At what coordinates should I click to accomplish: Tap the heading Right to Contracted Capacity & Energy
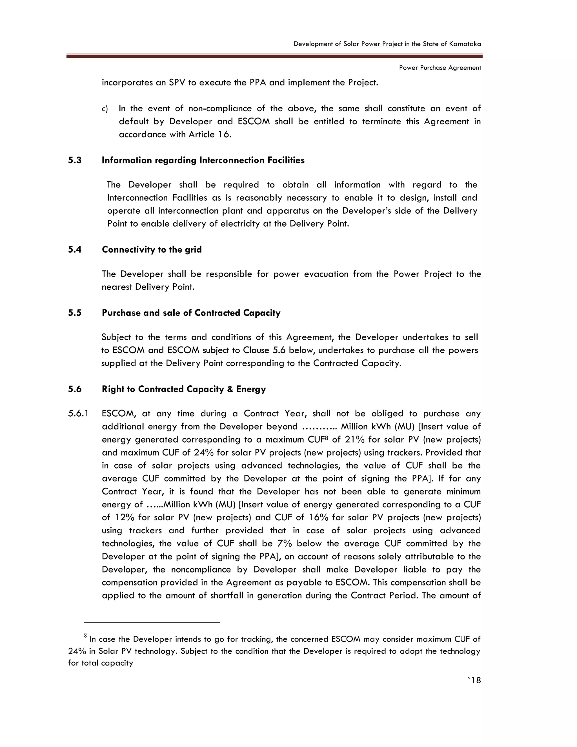(184, 389)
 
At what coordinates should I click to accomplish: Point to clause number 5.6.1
(78, 414)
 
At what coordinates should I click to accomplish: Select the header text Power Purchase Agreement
(440, 68)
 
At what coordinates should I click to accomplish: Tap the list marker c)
(105, 109)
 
